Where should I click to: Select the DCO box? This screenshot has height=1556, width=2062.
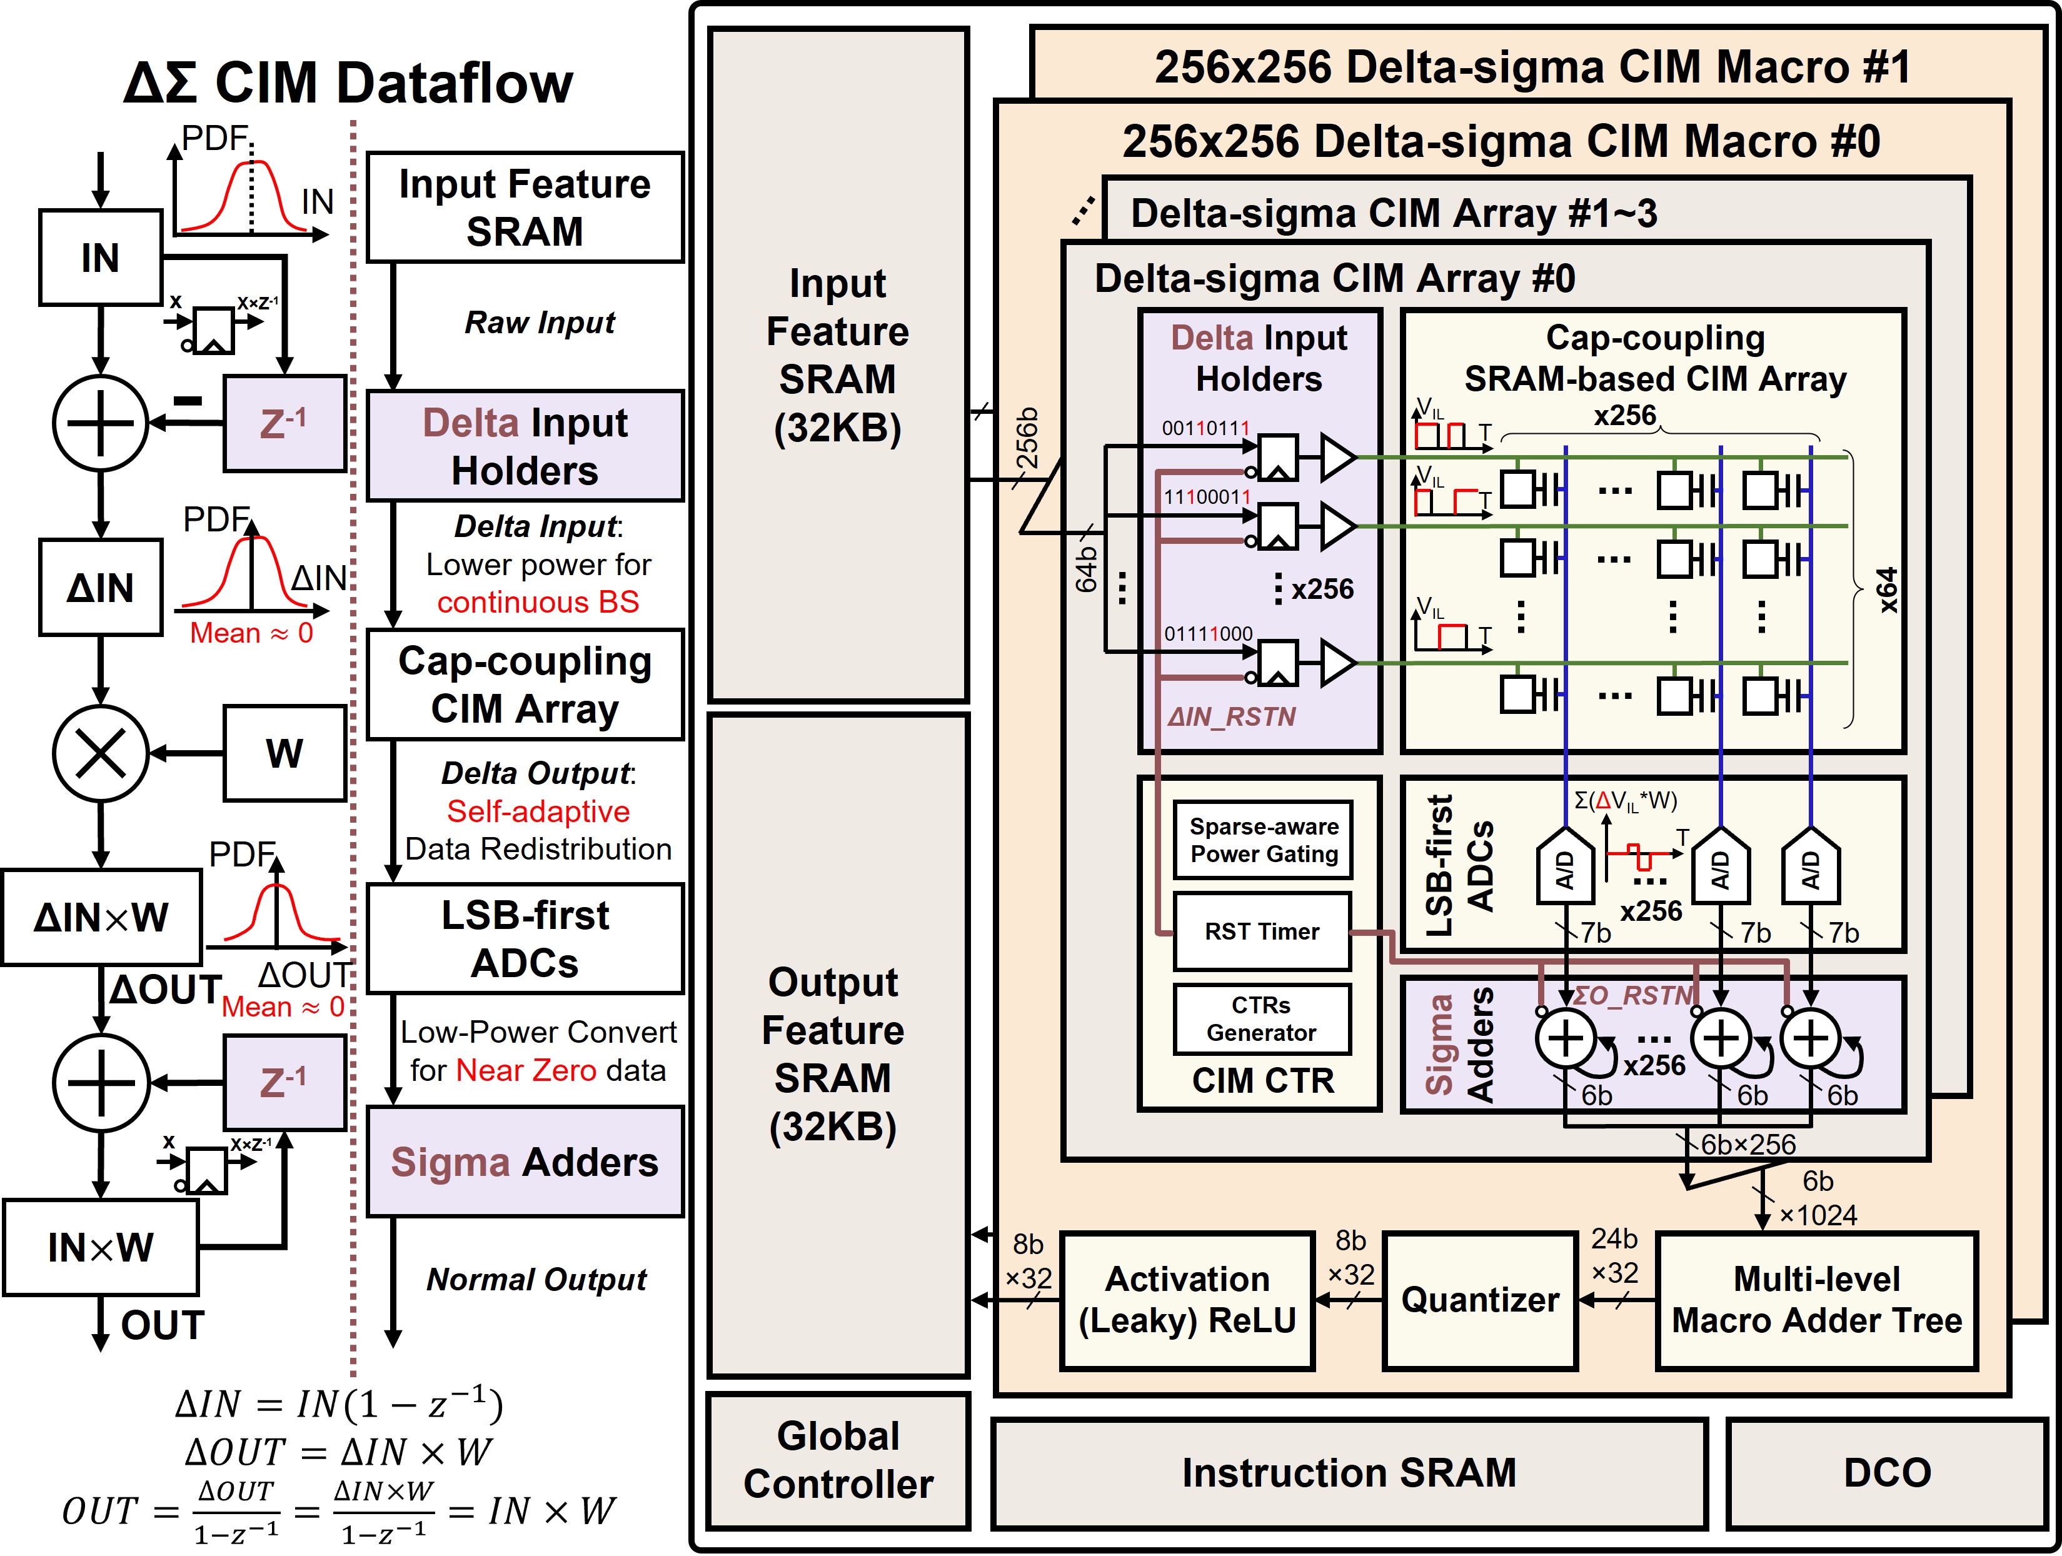1887,1473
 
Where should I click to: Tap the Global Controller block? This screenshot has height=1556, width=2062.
838,1460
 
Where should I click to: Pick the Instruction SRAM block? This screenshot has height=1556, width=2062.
1349,1473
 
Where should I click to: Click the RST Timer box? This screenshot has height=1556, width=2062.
1262,931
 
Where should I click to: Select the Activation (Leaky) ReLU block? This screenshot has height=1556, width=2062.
1187,1300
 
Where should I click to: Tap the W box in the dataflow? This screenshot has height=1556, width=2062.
284,753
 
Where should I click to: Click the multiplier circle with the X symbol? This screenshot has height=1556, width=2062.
101,753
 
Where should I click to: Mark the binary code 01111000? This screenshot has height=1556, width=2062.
1207,634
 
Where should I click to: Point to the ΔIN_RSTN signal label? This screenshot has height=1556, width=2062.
1232,717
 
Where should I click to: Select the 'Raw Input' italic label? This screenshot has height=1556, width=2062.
540,323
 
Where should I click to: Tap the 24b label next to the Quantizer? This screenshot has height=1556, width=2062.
1614,1239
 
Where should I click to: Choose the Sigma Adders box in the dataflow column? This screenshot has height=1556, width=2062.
525,1162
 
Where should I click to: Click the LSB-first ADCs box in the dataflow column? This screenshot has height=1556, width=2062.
525,939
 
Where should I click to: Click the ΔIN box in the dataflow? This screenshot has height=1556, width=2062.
101,588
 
